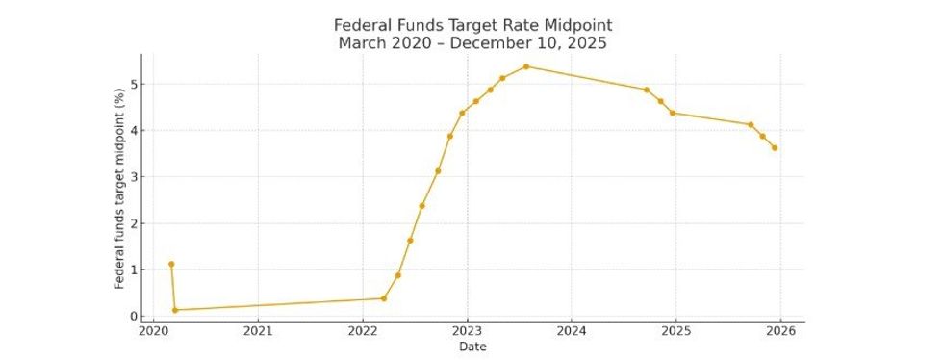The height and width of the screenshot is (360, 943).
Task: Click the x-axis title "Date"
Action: coord(471,347)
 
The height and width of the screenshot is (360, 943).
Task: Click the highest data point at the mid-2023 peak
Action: coord(526,66)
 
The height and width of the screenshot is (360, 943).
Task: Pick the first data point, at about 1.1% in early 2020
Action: coord(171,264)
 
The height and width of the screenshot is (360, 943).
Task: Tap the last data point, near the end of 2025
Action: coord(775,148)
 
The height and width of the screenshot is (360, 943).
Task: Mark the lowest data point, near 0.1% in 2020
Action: coord(175,310)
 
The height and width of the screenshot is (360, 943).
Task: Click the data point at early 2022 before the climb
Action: coord(384,298)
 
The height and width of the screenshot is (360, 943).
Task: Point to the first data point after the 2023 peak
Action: coord(647,90)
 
